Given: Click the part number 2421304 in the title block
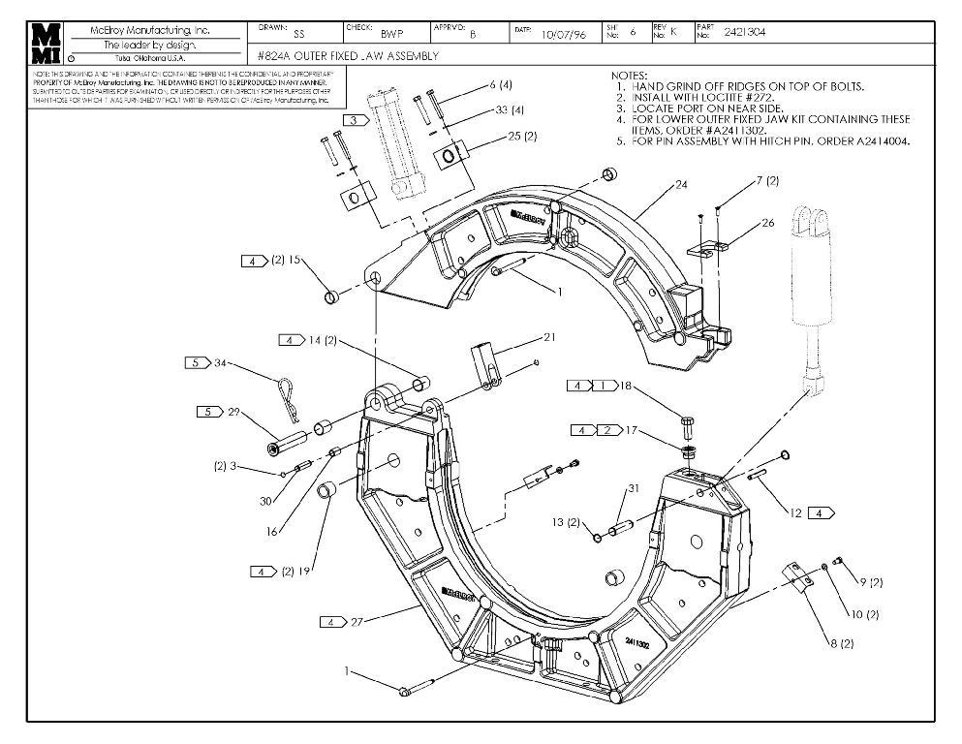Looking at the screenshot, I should (743, 32).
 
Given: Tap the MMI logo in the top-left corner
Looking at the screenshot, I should (46, 43).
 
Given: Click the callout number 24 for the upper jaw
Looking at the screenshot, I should (682, 184).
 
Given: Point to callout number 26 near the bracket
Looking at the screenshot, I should (768, 223).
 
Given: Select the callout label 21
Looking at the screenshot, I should (549, 337).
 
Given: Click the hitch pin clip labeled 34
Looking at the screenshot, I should (284, 392).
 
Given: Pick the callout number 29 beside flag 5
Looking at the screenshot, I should (233, 412).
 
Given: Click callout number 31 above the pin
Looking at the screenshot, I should (634, 488).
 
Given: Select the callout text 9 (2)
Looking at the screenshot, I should (871, 582).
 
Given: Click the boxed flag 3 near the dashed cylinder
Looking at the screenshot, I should (355, 120).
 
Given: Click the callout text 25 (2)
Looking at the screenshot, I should (522, 137).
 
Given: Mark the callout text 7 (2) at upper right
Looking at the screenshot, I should (766, 181).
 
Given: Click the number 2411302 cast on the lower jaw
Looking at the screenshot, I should (638, 642).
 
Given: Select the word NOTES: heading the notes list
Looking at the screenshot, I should (630, 75).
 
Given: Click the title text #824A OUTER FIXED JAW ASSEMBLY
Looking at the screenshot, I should (349, 56).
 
